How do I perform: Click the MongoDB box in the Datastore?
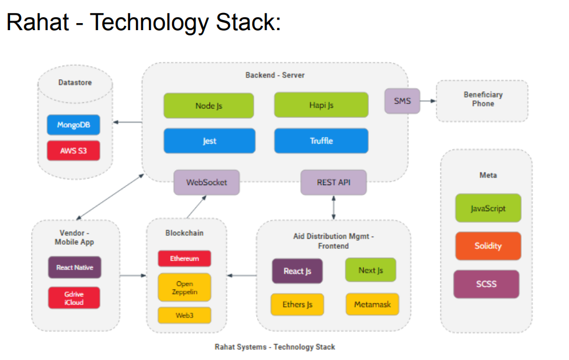(x=73, y=125)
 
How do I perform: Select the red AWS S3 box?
(x=73, y=150)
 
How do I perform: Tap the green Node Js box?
(x=209, y=106)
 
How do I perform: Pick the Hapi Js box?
(x=321, y=105)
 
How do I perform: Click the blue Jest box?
(x=209, y=141)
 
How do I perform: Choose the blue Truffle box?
(x=321, y=141)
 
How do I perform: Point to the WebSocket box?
(x=206, y=182)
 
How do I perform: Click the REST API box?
(x=333, y=182)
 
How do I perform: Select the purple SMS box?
(x=402, y=100)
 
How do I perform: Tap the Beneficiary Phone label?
(x=482, y=99)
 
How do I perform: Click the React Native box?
(x=74, y=267)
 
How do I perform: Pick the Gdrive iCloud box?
(x=74, y=298)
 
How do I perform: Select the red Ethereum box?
(x=184, y=258)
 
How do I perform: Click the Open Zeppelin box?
(x=184, y=288)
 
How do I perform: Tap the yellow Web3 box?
(x=184, y=315)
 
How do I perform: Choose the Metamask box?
(x=372, y=304)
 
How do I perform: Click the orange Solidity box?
(x=487, y=246)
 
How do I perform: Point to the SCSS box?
(x=486, y=284)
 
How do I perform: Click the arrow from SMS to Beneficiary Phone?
(x=427, y=100)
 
